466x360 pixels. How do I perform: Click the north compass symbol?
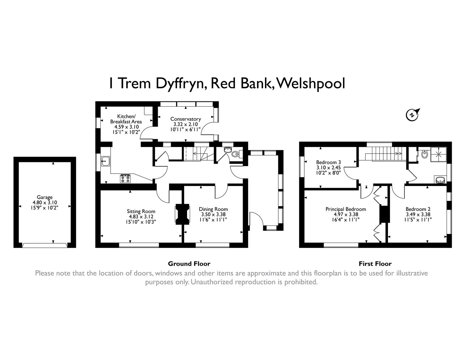coord(412,115)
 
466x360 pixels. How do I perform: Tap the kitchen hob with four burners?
coord(125,179)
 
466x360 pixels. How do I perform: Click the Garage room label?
coord(45,197)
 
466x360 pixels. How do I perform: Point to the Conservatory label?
coord(185,119)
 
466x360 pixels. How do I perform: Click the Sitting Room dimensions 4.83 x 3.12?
coord(141,216)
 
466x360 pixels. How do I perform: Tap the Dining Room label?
coord(213,209)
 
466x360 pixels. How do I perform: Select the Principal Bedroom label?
coord(346,209)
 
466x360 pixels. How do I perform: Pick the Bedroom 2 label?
coord(418,209)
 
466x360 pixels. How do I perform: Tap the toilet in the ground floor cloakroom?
coord(236,154)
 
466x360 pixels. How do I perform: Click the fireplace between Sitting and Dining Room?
coord(182,214)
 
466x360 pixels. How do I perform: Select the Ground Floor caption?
coord(189,264)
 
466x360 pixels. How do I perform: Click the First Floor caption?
coord(375,264)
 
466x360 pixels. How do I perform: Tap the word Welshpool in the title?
coord(311,83)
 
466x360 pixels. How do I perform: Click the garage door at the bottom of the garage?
coord(45,245)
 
